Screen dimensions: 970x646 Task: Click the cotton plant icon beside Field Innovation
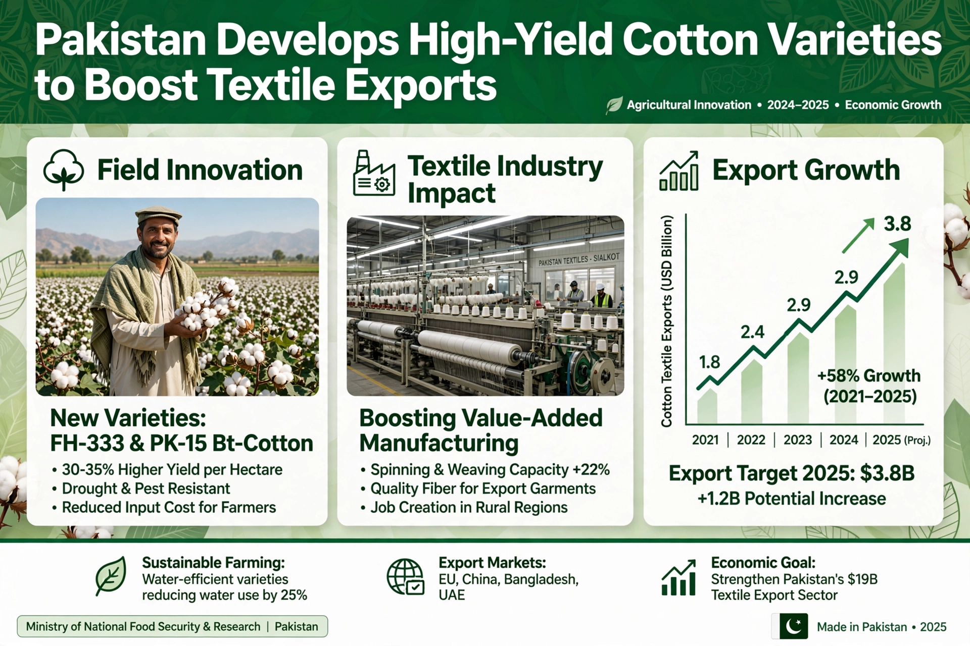(x=64, y=170)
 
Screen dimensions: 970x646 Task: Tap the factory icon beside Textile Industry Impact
(x=374, y=173)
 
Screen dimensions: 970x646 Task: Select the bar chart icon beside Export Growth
(x=679, y=171)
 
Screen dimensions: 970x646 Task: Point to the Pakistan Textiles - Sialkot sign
(x=578, y=259)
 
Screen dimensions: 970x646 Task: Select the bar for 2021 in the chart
(x=707, y=406)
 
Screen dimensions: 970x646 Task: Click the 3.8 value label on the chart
(x=897, y=224)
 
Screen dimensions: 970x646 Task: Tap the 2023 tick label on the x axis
(x=798, y=440)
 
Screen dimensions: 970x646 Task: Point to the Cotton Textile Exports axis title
(x=667, y=321)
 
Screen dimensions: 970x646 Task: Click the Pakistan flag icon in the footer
(x=790, y=627)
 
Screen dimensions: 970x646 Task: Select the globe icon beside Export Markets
(x=405, y=577)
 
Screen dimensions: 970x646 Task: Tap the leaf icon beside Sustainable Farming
(x=111, y=576)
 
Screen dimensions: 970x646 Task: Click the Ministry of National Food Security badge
(x=172, y=626)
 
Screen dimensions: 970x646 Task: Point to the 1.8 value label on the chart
(x=709, y=362)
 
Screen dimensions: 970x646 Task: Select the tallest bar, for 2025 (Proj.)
(x=894, y=343)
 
